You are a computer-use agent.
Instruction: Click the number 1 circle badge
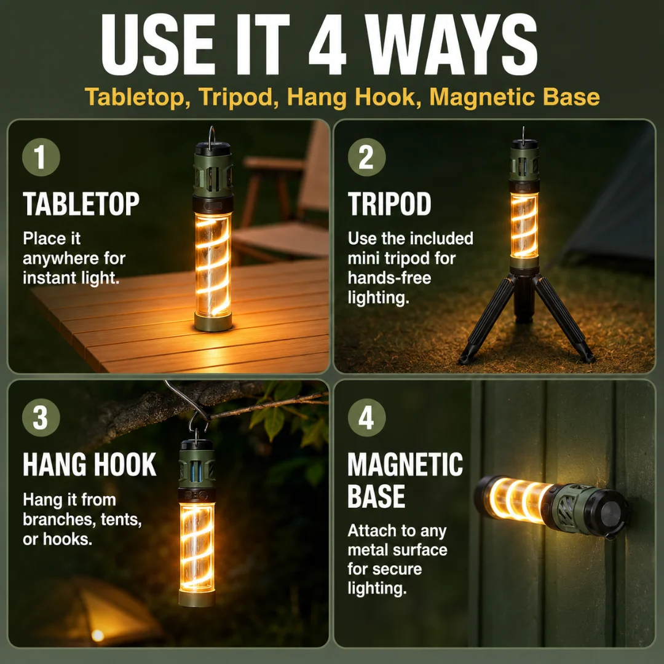[x=41, y=157]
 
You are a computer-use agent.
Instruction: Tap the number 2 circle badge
[x=366, y=157]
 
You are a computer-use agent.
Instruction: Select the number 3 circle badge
[x=41, y=417]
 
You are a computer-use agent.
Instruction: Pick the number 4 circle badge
[x=366, y=417]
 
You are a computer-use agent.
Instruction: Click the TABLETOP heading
[x=81, y=204]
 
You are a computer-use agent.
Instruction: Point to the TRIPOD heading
[x=389, y=204]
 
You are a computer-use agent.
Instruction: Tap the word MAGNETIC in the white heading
[x=405, y=465]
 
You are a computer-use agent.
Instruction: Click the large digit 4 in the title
[x=328, y=44]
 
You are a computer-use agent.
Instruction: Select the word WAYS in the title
[x=451, y=44]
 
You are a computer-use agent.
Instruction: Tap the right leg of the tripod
[x=564, y=318]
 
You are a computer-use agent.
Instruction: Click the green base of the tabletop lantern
[x=213, y=322]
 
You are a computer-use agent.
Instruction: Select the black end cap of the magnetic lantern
[x=613, y=513]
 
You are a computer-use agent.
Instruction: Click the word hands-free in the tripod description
[x=389, y=278]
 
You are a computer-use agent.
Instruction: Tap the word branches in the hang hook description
[x=53, y=519]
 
